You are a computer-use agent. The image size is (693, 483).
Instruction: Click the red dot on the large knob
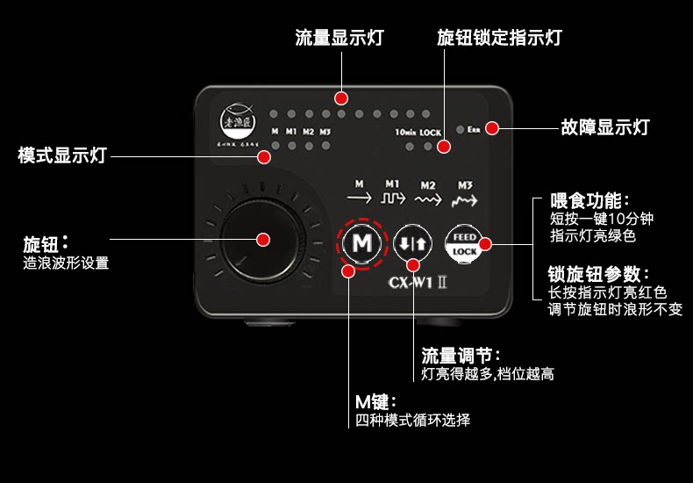(x=262, y=238)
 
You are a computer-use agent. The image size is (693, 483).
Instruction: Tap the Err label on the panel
(x=474, y=130)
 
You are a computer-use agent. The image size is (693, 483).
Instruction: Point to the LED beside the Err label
(x=460, y=130)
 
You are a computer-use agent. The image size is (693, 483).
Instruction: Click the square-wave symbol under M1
(x=394, y=199)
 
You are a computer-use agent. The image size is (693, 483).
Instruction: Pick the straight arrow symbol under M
(x=359, y=199)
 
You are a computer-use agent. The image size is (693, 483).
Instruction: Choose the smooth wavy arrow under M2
(x=428, y=199)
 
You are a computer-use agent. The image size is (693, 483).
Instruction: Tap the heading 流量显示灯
(x=339, y=38)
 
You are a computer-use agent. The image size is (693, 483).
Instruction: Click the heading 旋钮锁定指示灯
(x=498, y=38)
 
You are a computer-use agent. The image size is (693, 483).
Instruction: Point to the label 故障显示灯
(x=604, y=127)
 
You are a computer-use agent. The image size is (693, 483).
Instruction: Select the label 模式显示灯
(x=62, y=155)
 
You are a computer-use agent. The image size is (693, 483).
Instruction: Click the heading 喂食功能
(x=589, y=201)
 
